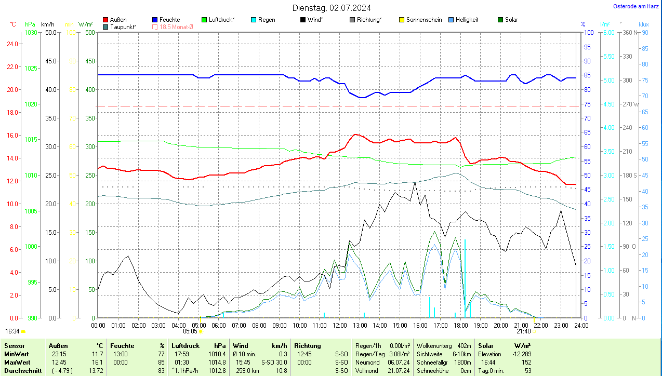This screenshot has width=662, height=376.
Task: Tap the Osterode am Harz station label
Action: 637,6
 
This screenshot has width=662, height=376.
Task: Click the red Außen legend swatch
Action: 106,20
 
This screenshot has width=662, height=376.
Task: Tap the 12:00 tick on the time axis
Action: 340,326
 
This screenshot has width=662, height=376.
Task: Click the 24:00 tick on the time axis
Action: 581,326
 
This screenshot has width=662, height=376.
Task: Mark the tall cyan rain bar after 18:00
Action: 465,278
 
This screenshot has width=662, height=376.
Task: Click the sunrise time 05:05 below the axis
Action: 190,331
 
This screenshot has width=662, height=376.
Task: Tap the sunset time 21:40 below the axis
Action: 523,331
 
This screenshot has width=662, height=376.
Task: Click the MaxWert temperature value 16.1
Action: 97,362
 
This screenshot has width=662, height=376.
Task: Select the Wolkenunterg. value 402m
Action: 464,345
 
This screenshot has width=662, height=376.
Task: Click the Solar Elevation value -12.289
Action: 521,354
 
